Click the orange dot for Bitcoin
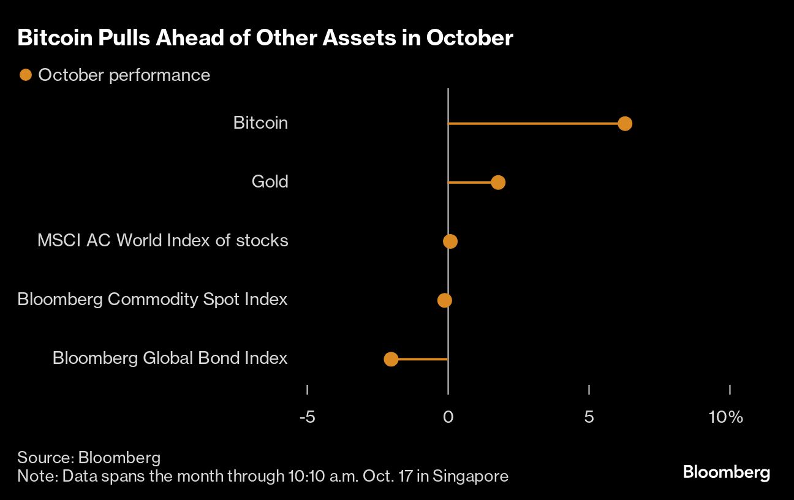[624, 124]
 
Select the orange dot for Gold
[498, 183]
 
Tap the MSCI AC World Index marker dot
[450, 241]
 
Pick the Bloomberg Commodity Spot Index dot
[445, 300]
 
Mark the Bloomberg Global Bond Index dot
[391, 359]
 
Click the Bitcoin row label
[260, 123]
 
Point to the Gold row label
[270, 181]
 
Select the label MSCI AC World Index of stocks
[162, 240]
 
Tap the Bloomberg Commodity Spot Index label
[153, 299]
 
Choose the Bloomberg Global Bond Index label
[170, 358]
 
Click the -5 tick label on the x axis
[307, 417]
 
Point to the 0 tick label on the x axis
[448, 417]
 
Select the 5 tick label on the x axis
[589, 417]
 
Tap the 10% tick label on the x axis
[725, 417]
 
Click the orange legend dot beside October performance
[25, 75]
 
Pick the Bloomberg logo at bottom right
[726, 472]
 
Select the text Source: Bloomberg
[89, 457]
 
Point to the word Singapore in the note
[471, 476]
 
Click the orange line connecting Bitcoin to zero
[533, 124]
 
